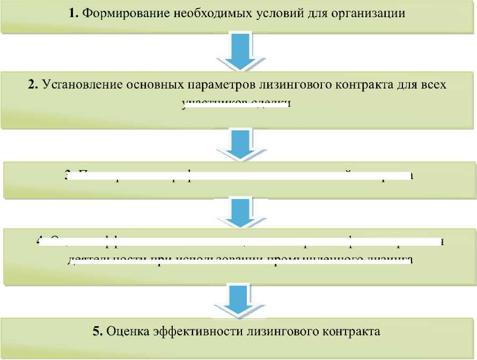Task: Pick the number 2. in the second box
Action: click(x=34, y=85)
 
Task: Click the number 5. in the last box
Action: click(x=98, y=331)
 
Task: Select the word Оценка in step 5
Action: click(x=124, y=331)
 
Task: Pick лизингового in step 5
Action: click(x=268, y=331)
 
